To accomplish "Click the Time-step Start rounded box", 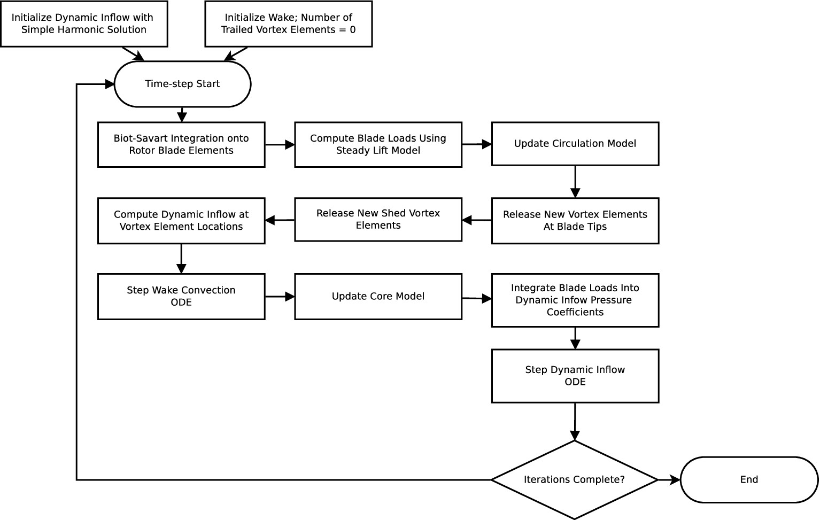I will coord(182,84).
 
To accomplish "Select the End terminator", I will coord(749,479).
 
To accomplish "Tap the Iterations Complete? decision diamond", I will coord(574,479).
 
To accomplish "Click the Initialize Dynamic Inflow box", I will coord(84,24).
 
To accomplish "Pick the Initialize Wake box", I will coord(288,24).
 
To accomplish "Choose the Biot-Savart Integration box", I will coord(181,144).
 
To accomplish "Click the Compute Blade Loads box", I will coord(378,144).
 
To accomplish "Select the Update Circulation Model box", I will coord(575,144).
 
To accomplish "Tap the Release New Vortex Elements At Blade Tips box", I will coord(575,221).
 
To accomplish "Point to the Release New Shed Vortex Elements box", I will coord(378,220).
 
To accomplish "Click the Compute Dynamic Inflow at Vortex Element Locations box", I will coord(181,221).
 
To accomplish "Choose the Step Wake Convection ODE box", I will coord(181,297).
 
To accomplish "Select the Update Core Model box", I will coord(378,297).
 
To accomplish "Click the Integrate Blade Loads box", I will coord(575,300).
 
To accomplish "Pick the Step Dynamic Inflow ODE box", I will coord(575,376).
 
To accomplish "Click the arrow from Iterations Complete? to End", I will coord(669,480).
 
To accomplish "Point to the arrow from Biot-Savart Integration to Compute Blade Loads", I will coord(280,144).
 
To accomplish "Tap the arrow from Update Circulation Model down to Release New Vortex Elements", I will coord(575,182).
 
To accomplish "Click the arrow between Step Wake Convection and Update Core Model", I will coord(280,297).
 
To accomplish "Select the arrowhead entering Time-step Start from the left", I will coord(110,84).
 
